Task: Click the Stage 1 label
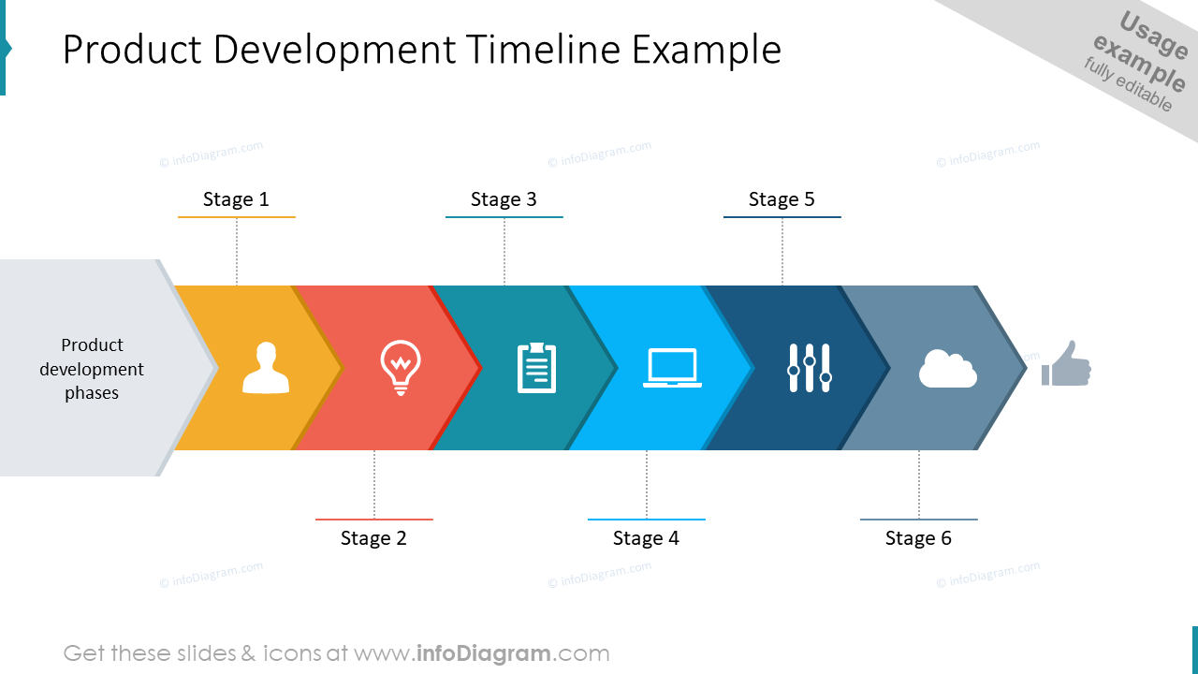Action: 236,199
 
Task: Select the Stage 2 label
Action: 373,538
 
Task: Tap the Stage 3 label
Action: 504,199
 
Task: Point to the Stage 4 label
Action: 646,538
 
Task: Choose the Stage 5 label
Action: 782,199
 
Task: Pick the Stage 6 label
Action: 918,538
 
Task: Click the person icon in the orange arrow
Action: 266,368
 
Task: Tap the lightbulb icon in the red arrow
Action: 401,367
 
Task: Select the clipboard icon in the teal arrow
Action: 536,368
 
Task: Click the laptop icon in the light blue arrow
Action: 672,368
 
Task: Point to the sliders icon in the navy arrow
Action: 809,368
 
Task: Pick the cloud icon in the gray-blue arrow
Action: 947,369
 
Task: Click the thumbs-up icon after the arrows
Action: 1067,364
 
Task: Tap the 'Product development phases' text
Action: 92,369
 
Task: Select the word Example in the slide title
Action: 707,50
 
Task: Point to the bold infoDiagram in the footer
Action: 481,653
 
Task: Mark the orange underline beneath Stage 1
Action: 236,217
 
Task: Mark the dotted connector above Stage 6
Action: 919,484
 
